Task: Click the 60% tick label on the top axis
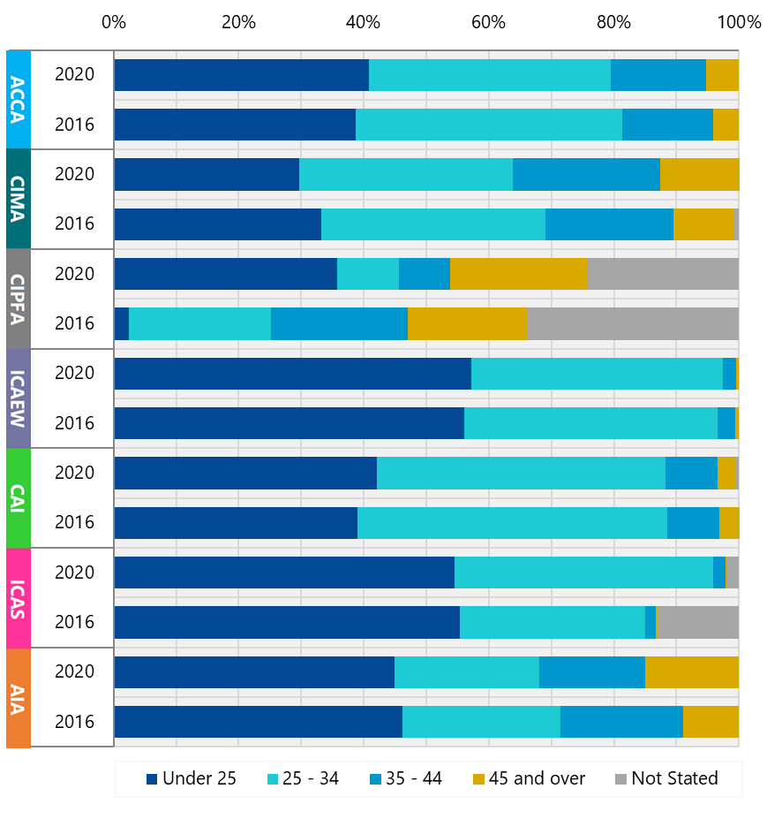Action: (x=488, y=22)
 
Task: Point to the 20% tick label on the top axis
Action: (x=238, y=22)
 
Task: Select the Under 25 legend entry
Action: (x=191, y=778)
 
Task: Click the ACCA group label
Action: (x=19, y=99)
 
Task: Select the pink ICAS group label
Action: (x=19, y=597)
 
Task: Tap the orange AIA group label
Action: (x=19, y=697)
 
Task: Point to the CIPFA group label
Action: (x=19, y=299)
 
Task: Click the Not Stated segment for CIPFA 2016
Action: (x=632, y=323)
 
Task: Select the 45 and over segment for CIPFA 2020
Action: (x=518, y=274)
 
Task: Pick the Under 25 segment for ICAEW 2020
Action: (x=292, y=373)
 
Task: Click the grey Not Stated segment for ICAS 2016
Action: (x=697, y=622)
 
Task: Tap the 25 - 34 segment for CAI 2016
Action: (x=512, y=522)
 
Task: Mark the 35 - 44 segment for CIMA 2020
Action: (x=586, y=174)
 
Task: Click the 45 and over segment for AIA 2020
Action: (x=691, y=671)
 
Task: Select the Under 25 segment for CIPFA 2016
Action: (x=122, y=323)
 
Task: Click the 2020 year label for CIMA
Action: (x=74, y=174)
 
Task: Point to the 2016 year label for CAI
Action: (x=74, y=522)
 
